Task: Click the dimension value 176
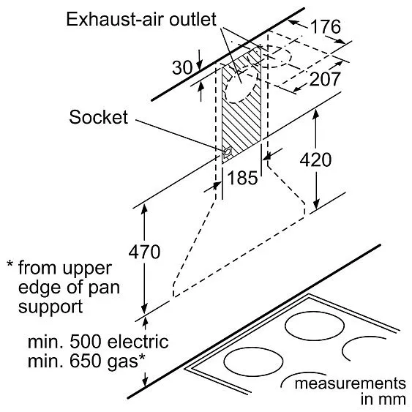click(326, 27)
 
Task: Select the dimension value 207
click(325, 79)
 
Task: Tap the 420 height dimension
click(315, 160)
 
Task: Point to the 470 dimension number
click(144, 252)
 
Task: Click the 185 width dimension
click(242, 178)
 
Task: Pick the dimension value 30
click(182, 67)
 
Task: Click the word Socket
click(99, 117)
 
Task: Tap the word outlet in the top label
click(192, 19)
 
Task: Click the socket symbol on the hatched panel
click(227, 152)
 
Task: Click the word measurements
click(351, 383)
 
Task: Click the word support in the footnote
click(50, 307)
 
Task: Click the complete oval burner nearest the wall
click(315, 327)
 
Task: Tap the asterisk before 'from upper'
click(10, 263)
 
